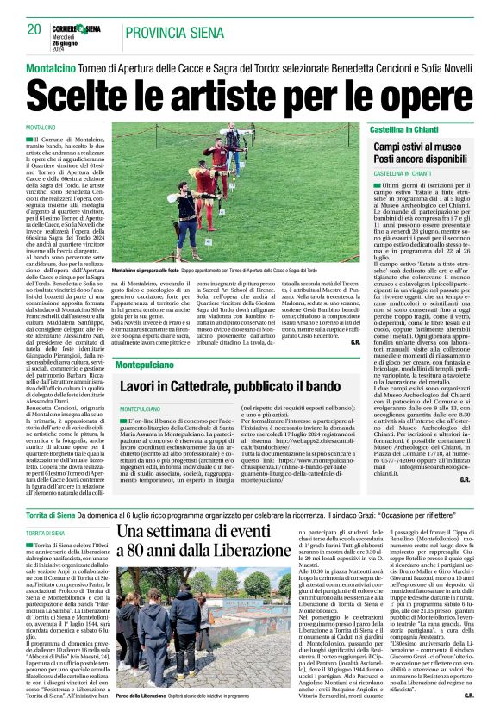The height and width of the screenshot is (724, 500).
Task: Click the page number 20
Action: coord(34,29)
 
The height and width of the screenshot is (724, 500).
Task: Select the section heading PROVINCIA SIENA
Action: coord(167,33)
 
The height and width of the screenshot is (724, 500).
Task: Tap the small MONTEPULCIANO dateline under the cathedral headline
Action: coord(140,408)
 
